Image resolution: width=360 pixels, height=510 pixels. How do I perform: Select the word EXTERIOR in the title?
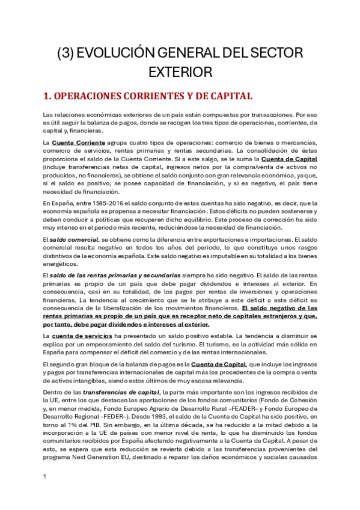coord(180,72)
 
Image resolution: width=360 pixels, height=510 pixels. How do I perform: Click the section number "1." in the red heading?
coord(50,96)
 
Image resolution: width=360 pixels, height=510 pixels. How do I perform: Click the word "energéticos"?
coord(60,263)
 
